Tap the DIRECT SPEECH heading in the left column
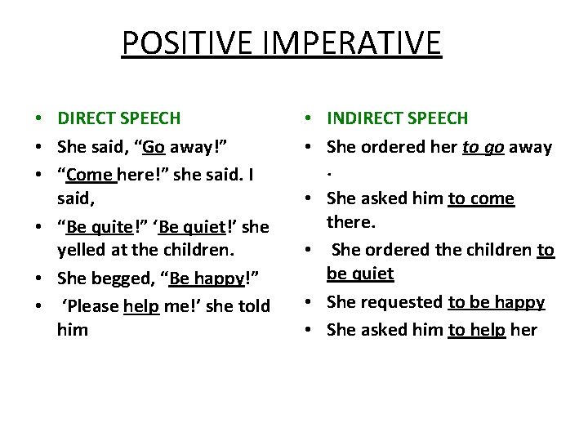point(119,118)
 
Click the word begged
point(127,278)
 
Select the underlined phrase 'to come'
point(481,198)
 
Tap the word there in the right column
point(352,222)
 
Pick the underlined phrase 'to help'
point(476,329)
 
